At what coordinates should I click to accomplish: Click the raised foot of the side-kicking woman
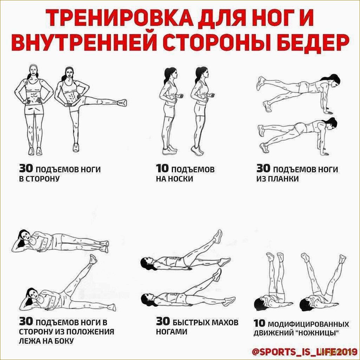click(122, 103)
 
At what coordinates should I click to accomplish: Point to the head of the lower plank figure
click(332, 124)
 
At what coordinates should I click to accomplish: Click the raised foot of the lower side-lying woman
click(93, 259)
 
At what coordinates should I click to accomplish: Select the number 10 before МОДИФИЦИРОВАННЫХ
click(259, 323)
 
